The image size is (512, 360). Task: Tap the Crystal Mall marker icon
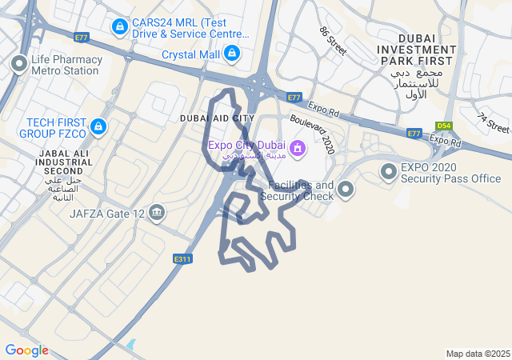(232, 54)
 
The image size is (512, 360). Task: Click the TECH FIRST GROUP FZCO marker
(98, 126)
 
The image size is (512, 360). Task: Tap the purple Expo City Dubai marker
(298, 147)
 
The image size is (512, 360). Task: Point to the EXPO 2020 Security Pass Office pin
(389, 172)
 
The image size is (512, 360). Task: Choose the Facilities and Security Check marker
(346, 190)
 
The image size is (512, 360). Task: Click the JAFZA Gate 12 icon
(157, 213)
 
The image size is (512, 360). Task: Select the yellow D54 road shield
(444, 126)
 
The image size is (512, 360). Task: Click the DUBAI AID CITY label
(217, 118)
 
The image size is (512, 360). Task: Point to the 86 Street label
(332, 41)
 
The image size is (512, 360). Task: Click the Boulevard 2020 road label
(313, 133)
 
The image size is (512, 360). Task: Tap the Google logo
(26, 350)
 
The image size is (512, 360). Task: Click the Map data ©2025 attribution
(478, 354)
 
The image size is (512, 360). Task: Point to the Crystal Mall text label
(190, 54)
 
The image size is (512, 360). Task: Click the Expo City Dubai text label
(246, 145)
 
